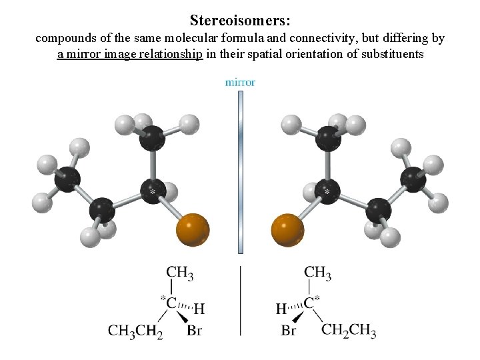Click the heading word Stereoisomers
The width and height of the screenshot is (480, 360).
pos(239,20)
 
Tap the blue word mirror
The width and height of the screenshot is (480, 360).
pos(240,83)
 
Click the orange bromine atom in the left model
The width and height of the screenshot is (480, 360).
pos(193,230)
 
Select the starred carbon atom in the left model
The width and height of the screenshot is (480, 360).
pos(153,191)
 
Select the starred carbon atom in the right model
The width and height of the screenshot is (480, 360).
pos(327,191)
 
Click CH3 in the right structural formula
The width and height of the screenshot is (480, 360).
pos(317,273)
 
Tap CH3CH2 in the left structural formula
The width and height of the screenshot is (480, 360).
pos(135,331)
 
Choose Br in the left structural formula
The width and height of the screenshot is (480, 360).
pos(194,331)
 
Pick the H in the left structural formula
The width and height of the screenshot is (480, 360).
pos(199,309)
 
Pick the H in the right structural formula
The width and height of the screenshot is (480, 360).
pos(281,309)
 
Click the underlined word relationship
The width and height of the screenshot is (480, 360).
pos(172,54)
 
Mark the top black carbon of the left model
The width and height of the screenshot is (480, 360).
pos(153,138)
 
